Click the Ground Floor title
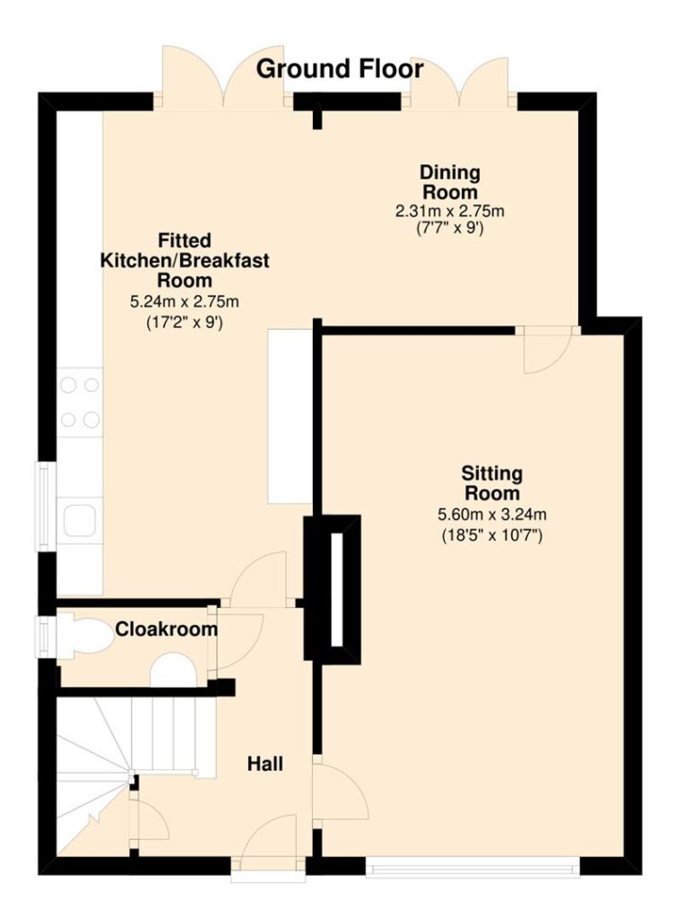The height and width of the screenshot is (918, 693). (340, 69)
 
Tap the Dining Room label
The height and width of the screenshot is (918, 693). (450, 182)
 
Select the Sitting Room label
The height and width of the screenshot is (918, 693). (491, 482)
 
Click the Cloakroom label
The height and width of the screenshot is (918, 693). (166, 629)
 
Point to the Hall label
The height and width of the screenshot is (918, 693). (265, 764)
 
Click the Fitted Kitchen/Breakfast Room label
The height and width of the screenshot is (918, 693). (185, 260)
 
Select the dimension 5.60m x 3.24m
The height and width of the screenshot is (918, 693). (492, 515)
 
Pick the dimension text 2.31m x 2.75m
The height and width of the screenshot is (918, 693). (449, 211)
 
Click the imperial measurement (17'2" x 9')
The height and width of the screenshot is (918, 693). (185, 323)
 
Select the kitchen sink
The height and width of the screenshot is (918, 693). (80, 521)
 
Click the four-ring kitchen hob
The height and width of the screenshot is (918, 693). (80, 403)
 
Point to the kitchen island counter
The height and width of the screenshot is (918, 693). (290, 416)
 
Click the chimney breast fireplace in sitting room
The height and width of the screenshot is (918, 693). (332, 589)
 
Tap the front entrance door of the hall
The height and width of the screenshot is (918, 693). (269, 850)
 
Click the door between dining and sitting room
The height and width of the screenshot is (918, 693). (547, 349)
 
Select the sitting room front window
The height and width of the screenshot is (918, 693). (473, 868)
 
